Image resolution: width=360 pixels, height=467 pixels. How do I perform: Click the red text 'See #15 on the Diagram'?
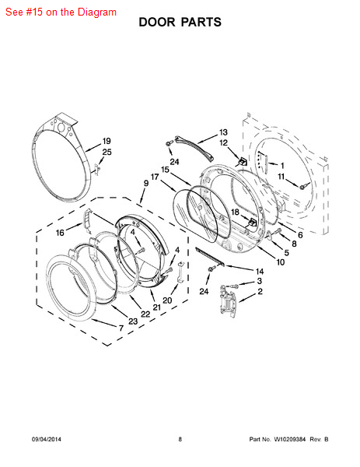[x=61, y=12]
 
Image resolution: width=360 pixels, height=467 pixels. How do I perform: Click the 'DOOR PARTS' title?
[x=180, y=23]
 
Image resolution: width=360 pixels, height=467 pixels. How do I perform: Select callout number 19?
[x=107, y=141]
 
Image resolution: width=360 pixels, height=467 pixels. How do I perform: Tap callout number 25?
[x=107, y=153]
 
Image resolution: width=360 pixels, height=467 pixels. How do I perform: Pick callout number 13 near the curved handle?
[x=223, y=132]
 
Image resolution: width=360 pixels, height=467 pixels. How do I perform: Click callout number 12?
[x=223, y=143]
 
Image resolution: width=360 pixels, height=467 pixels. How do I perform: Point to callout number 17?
[x=155, y=177]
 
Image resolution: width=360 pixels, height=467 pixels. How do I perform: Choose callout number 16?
[x=60, y=233]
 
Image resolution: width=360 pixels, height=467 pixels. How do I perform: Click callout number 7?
[x=121, y=328]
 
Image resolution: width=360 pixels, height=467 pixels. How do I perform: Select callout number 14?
[x=260, y=272]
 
